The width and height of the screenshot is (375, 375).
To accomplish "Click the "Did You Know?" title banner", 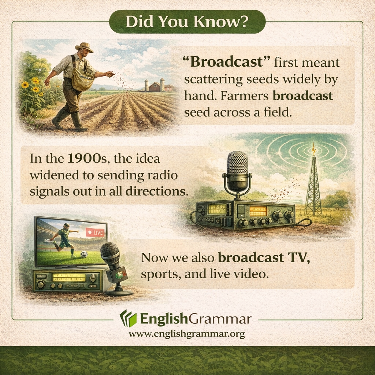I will click(x=187, y=22).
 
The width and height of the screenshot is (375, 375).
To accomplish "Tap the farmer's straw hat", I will click(x=84, y=47).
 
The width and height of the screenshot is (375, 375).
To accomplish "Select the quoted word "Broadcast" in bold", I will click(x=226, y=63).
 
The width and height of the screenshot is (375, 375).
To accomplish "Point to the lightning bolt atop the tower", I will click(x=313, y=148).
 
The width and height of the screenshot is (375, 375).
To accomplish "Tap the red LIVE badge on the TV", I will click(x=94, y=232).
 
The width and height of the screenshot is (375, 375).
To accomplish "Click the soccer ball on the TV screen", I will click(x=84, y=253).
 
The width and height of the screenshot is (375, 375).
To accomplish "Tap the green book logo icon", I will click(x=128, y=318).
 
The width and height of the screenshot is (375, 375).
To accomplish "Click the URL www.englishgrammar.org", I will click(x=187, y=334).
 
